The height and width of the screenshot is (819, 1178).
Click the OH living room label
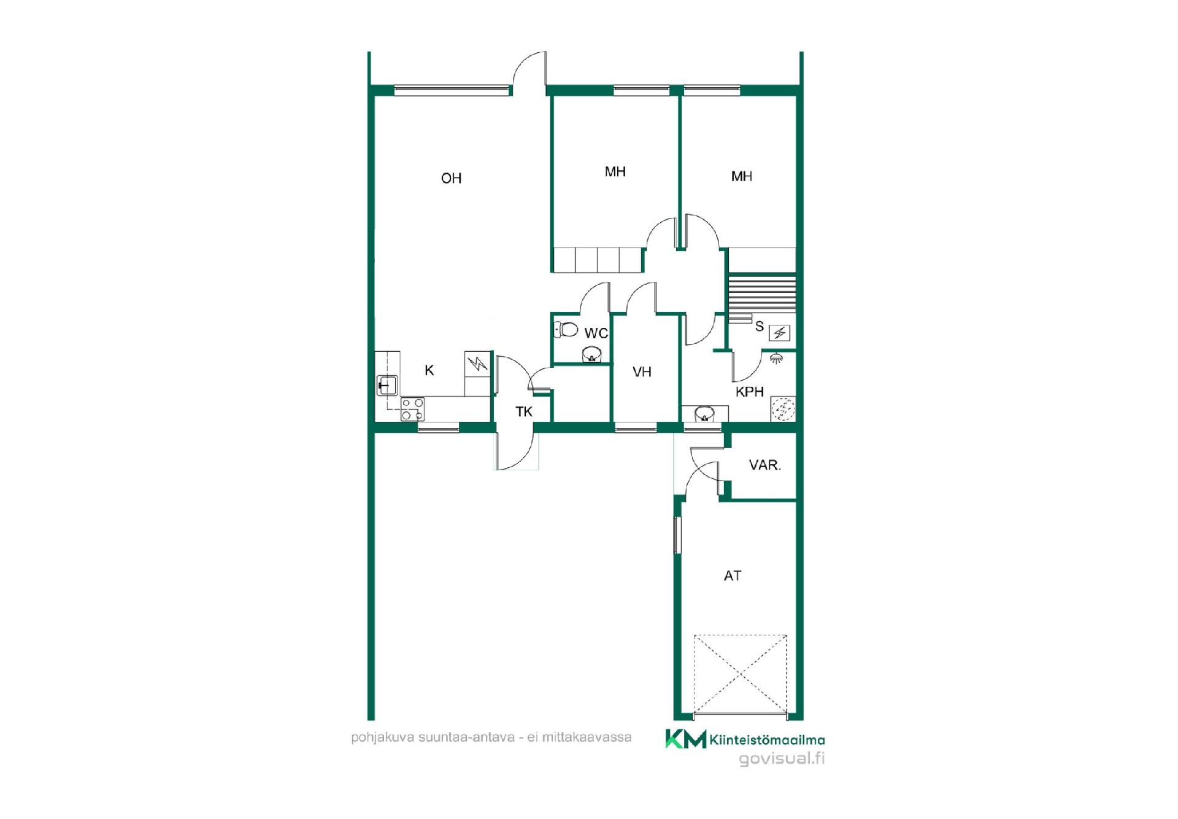pyautogui.click(x=451, y=178)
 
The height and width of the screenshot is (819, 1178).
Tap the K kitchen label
pyautogui.click(x=429, y=370)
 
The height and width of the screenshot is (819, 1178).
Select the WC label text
pyautogui.click(x=596, y=333)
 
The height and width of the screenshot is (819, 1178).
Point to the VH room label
pyautogui.click(x=642, y=371)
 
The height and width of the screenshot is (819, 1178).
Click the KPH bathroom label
pyautogui.click(x=750, y=392)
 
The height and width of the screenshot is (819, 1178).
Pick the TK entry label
pyautogui.click(x=524, y=411)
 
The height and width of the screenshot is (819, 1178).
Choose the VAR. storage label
pyautogui.click(x=765, y=465)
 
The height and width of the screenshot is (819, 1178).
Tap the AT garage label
pyautogui.click(x=733, y=575)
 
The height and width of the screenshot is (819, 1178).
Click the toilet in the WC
pyautogui.click(x=566, y=330)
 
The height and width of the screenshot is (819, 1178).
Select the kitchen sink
pyautogui.click(x=387, y=385)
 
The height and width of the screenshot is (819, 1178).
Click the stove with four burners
pyautogui.click(x=412, y=409)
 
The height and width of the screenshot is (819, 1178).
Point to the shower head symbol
pyautogui.click(x=777, y=357)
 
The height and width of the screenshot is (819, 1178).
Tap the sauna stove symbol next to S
pyautogui.click(x=779, y=333)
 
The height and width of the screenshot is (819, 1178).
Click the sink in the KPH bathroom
pyautogui.click(x=704, y=414)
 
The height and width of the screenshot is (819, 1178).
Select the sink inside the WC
pyautogui.click(x=591, y=354)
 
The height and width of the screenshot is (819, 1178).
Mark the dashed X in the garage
pyautogui.click(x=741, y=674)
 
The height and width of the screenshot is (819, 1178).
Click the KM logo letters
pyautogui.click(x=686, y=739)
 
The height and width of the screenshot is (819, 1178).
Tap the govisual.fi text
pyautogui.click(x=782, y=758)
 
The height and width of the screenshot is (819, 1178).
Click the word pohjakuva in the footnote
pyautogui.click(x=382, y=737)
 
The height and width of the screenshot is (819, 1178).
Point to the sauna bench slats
pyautogui.click(x=762, y=294)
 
